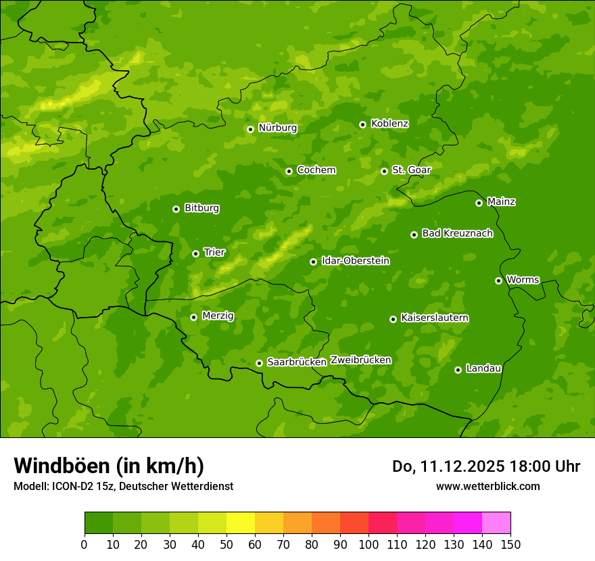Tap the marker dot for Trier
pos(195,253)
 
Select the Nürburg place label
pos(277,128)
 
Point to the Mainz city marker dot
pos(479,203)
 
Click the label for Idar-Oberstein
pos(355,261)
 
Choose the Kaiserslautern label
pos(434,318)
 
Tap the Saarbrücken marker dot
pos(259,363)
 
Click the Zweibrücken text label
pos(360,360)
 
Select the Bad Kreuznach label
pos(457,233)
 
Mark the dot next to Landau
pos(458,370)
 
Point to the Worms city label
pos(522,280)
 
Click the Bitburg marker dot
pos(176,209)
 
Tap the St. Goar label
pos(411,170)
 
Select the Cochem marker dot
pos(289,171)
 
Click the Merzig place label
pos(218,316)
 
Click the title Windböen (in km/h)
pos(108,466)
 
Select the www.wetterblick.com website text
pos(487,486)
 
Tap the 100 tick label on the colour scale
pos(368,543)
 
